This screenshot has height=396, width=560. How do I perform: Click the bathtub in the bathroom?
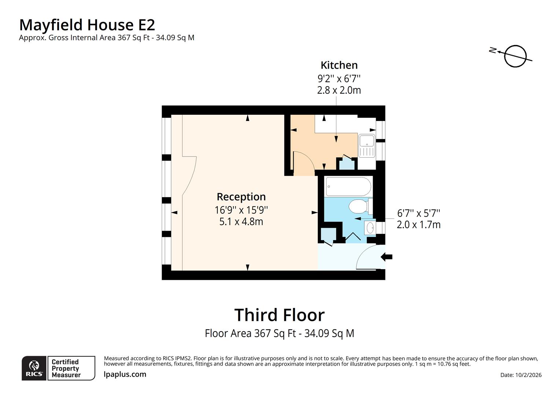(x=348, y=187)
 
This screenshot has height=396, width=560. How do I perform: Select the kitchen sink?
(x=366, y=146)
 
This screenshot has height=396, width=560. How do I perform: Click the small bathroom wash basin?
(x=370, y=228)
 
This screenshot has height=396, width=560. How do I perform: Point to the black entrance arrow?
(x=386, y=257)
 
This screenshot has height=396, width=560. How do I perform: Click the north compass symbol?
(x=515, y=56)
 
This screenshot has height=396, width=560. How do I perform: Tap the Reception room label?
(x=241, y=197)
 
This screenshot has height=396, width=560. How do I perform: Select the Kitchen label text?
(x=339, y=65)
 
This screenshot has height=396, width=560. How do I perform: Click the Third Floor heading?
(x=279, y=315)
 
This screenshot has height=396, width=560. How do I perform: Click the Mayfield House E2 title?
(x=87, y=25)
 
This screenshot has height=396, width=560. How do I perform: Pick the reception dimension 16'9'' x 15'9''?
(x=241, y=210)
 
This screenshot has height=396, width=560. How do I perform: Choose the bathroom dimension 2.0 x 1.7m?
(x=419, y=225)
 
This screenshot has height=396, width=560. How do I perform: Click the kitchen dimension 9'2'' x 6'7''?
(x=339, y=78)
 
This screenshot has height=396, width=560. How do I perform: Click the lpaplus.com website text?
(x=125, y=374)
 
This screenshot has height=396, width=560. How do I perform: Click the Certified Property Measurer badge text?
(x=66, y=368)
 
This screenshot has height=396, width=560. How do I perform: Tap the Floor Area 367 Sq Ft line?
(x=279, y=333)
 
